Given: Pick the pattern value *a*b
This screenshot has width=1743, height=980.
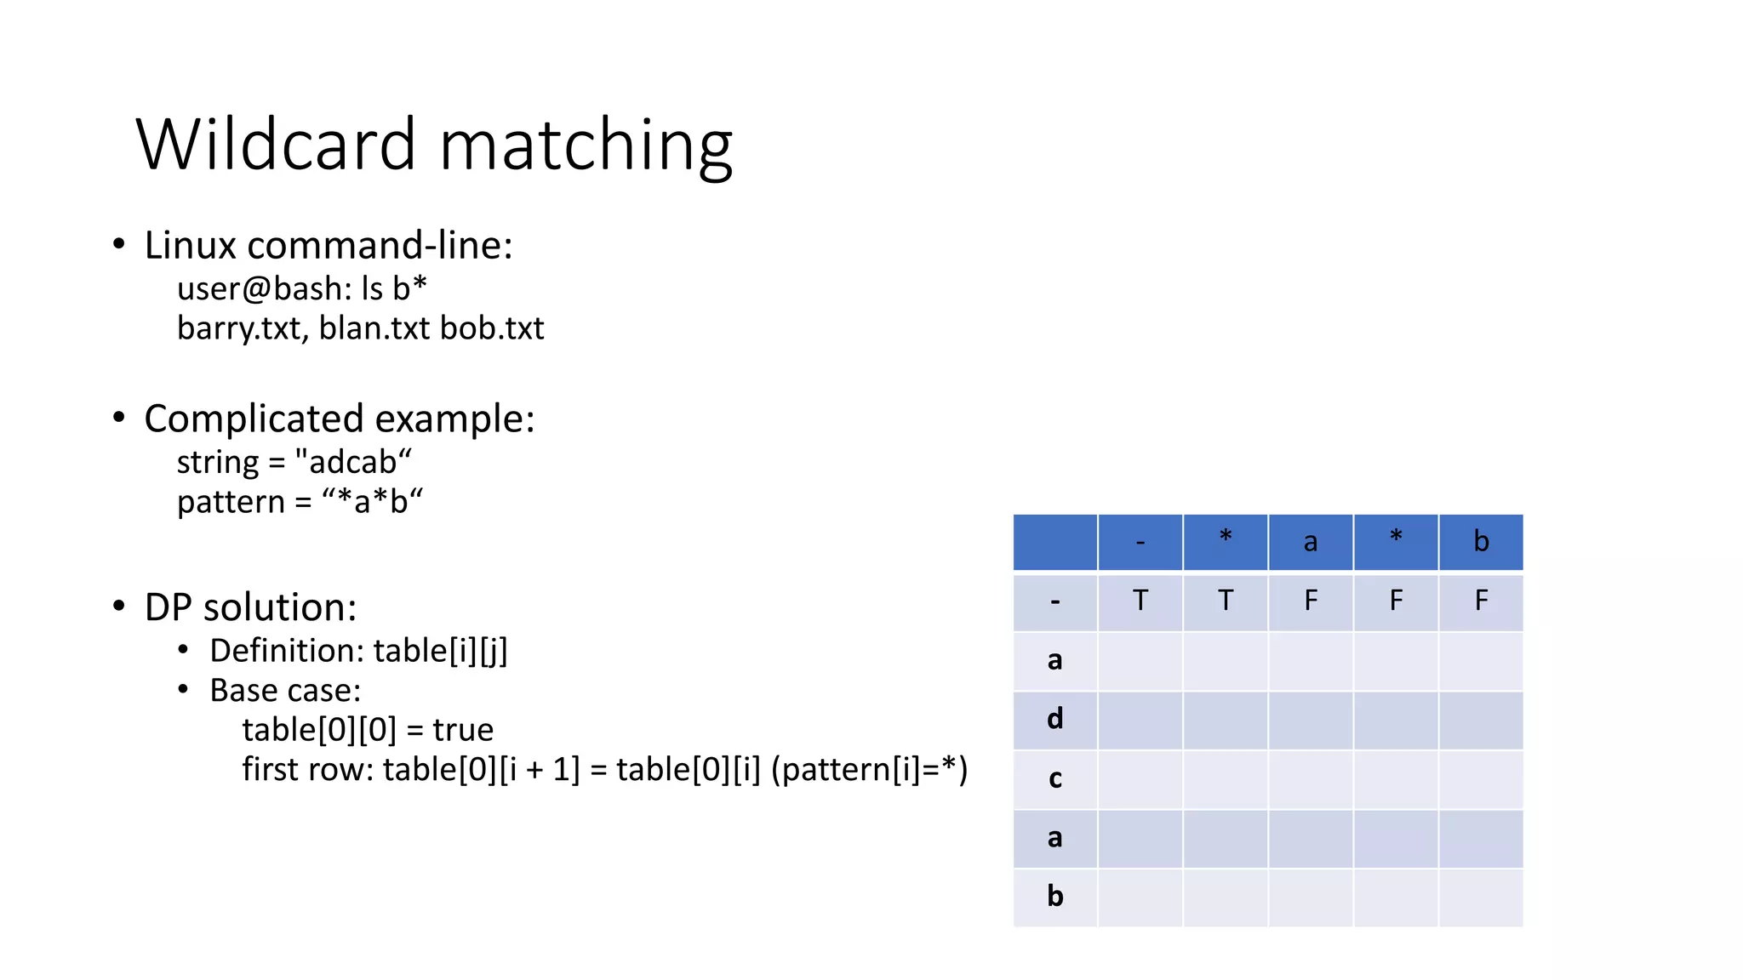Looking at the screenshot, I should (x=372, y=502).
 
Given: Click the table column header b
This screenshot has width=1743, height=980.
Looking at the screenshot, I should (x=1481, y=542).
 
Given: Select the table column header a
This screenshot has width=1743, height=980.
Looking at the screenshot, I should (x=1311, y=542).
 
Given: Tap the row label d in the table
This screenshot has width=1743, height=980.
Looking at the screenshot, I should (x=1054, y=720).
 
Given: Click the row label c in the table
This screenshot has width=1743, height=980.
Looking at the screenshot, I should (x=1054, y=779).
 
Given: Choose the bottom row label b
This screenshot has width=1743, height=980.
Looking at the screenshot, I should (x=1054, y=897).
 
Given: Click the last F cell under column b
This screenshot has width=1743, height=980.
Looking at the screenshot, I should (x=1481, y=601).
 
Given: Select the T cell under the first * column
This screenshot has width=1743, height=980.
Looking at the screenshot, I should (x=1226, y=601).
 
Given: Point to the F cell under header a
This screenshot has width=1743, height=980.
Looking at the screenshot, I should (x=1311, y=601).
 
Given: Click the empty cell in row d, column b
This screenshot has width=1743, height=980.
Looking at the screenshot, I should (x=1481, y=720).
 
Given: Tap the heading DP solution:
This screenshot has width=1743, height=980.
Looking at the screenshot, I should (x=250, y=607).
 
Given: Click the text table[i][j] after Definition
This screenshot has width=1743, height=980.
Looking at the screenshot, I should (x=440, y=651).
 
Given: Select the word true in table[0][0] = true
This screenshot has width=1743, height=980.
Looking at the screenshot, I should (x=462, y=730).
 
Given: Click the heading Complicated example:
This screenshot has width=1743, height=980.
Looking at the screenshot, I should (x=339, y=419).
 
